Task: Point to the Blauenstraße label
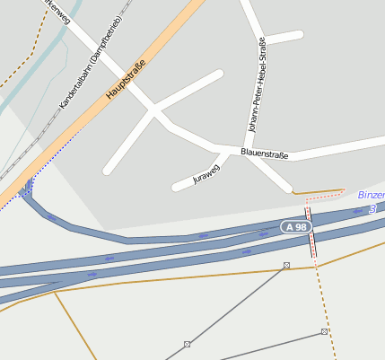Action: click(x=265, y=154)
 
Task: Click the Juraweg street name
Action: click(x=206, y=174)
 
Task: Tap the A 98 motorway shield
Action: click(x=296, y=227)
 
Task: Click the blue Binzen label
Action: click(x=371, y=195)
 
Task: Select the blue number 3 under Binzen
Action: click(x=372, y=208)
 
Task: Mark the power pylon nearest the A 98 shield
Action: click(x=286, y=265)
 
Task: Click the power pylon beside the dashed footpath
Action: click(x=324, y=332)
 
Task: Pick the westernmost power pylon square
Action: click(x=187, y=344)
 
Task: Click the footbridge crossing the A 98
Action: click(x=311, y=232)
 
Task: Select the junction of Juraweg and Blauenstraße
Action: click(x=225, y=153)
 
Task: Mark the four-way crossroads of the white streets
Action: click(x=154, y=112)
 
